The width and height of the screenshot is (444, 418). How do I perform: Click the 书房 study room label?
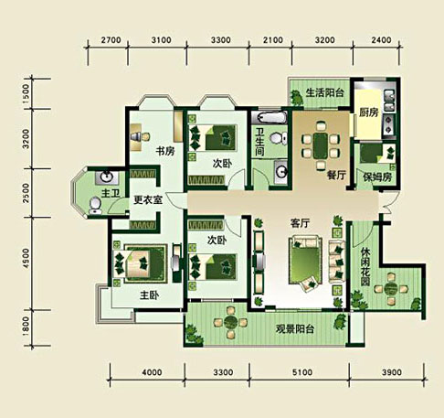coord(165,151)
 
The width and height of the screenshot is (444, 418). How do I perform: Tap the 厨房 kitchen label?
coord(368,113)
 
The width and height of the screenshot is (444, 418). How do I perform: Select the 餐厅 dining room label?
coord(336,175)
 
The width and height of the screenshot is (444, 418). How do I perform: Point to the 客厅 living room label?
coord(300,223)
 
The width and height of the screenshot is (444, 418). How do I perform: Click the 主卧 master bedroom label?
coord(149,295)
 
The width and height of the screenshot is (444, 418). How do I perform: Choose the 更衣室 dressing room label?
coord(148,200)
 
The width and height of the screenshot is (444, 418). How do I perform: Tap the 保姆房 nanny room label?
coord(377,177)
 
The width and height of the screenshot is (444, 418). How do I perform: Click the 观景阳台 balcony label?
coord(295,329)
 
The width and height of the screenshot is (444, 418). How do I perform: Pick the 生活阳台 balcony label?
coord(324,92)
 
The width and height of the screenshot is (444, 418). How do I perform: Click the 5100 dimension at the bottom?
coord(302,372)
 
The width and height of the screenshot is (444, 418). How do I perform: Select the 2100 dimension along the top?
coord(273,40)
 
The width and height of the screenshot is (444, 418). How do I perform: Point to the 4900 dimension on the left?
coord(26,259)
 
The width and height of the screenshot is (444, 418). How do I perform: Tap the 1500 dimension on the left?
coord(26,94)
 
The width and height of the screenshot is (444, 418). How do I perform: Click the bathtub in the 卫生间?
coord(272,117)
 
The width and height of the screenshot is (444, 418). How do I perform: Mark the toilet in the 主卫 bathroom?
coord(95,206)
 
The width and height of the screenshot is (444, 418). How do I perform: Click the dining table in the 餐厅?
coord(321,145)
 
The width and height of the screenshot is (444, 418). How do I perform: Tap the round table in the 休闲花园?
coord(390,288)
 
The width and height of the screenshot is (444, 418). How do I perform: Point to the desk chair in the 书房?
coord(144,136)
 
